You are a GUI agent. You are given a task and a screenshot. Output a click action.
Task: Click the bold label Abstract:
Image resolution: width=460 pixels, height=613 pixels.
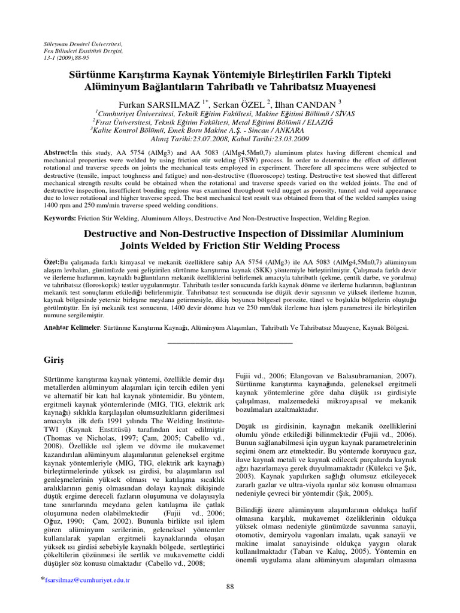pos(57,153)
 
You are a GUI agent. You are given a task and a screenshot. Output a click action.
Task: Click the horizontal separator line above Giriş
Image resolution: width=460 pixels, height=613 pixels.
pos(229,342)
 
